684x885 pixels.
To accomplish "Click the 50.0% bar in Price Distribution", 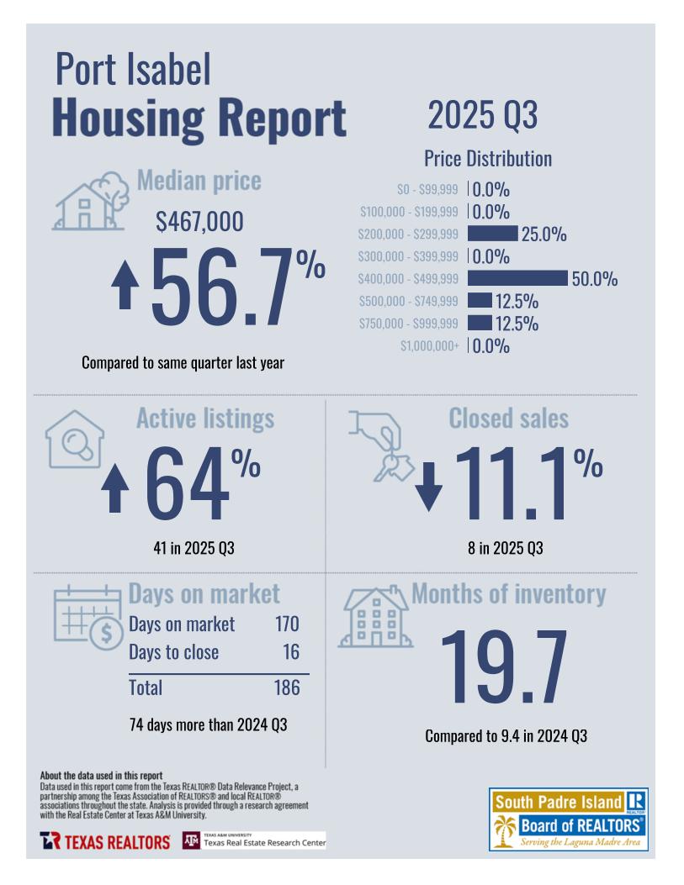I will [517, 278].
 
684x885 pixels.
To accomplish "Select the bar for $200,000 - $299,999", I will [492, 234].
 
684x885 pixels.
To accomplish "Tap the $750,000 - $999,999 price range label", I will [408, 324].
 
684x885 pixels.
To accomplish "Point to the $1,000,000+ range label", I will [429, 345].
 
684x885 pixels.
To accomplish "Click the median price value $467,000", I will [200, 222].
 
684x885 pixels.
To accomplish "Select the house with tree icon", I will [91, 202].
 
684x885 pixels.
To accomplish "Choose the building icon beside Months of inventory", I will [374, 618].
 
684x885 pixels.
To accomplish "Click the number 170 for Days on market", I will [287, 624].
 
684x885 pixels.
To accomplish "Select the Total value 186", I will [287, 687].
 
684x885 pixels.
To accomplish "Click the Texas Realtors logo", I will [104, 841].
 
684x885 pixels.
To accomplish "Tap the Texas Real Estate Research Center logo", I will [253, 840].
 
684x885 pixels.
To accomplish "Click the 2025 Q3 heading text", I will [482, 115].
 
